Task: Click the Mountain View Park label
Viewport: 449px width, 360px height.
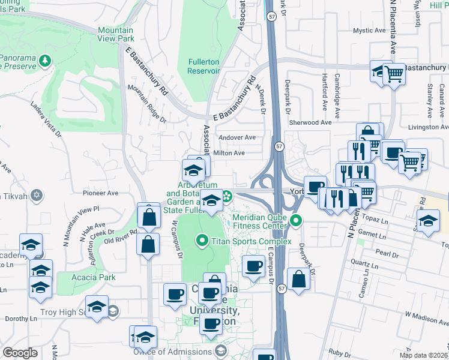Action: pos(115,34)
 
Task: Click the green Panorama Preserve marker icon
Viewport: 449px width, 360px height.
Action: pos(46,61)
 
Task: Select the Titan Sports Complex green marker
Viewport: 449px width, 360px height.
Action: pos(202,242)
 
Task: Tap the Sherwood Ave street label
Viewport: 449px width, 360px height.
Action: pos(310,122)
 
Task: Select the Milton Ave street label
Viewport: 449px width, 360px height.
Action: pos(229,153)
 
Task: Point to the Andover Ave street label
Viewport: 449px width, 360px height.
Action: pos(237,137)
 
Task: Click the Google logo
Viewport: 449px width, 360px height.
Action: pos(20,353)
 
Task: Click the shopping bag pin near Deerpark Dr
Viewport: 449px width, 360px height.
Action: pos(298,278)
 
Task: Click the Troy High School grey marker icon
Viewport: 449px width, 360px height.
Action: pos(112,311)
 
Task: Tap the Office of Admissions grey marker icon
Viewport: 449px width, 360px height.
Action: pos(220,352)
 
